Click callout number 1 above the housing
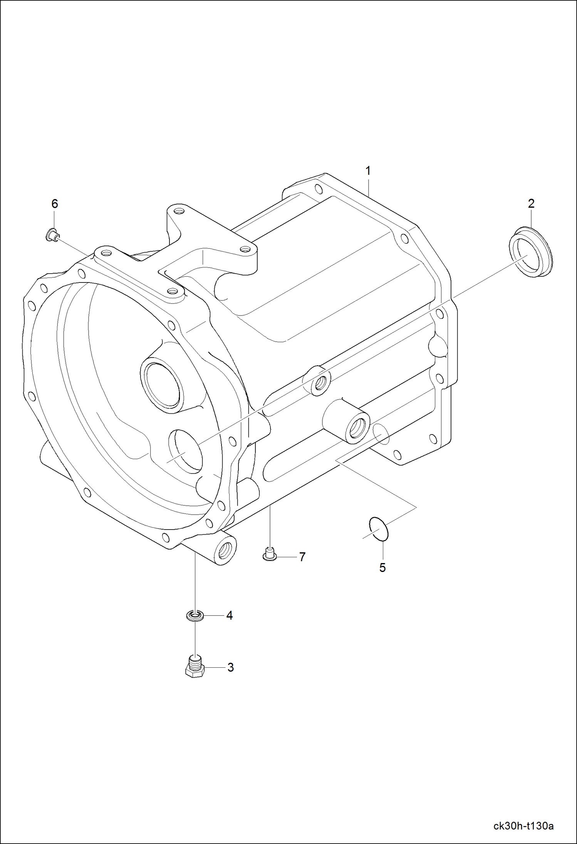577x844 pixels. click(x=368, y=171)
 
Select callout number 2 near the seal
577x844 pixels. click(x=531, y=204)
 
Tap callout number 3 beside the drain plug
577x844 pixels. click(x=230, y=668)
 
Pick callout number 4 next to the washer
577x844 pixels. click(x=230, y=616)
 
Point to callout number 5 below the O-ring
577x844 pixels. click(x=382, y=568)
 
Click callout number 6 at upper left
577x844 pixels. click(x=55, y=204)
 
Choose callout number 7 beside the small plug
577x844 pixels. click(x=302, y=557)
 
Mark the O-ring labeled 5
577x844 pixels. click(x=379, y=529)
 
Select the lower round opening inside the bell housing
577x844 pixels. click(x=186, y=451)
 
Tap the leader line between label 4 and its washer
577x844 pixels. click(x=214, y=616)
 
